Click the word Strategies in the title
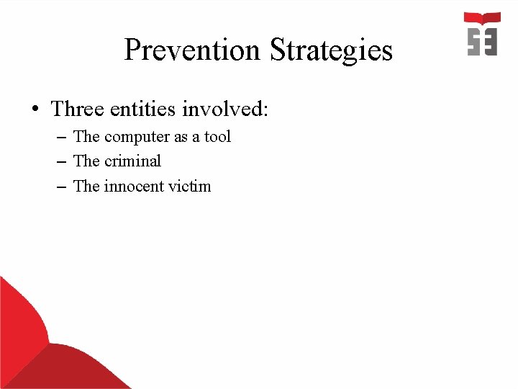pyautogui.click(x=331, y=50)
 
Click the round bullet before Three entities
pyautogui.click(x=34, y=110)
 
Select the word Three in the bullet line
pyautogui.click(x=78, y=109)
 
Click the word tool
pyautogui.click(x=217, y=136)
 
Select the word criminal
pyautogui.click(x=132, y=161)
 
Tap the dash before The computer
pyautogui.click(x=60, y=137)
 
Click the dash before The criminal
pyautogui.click(x=60, y=161)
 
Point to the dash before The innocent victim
pyautogui.click(x=60, y=187)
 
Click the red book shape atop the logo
pyautogui.click(x=482, y=18)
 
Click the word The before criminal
pyautogui.click(x=86, y=161)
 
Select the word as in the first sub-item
pyautogui.click(x=180, y=137)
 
